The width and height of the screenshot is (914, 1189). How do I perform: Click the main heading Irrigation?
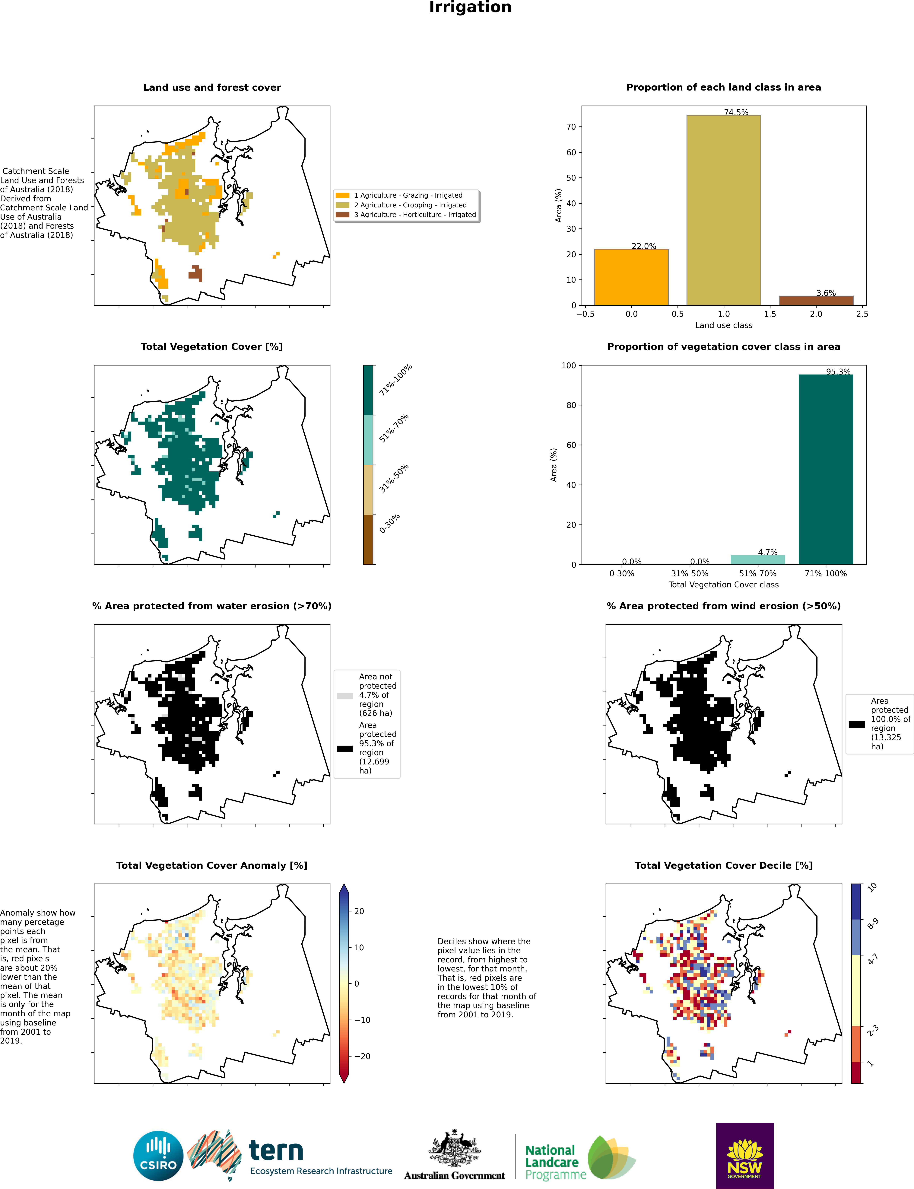[470, 8]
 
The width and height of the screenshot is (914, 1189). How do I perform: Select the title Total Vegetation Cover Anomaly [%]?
[212, 865]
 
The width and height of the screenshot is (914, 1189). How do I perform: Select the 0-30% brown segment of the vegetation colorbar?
[368, 539]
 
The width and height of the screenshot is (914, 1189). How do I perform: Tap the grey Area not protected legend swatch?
[345, 695]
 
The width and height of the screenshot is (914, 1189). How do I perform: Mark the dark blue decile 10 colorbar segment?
[856, 902]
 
